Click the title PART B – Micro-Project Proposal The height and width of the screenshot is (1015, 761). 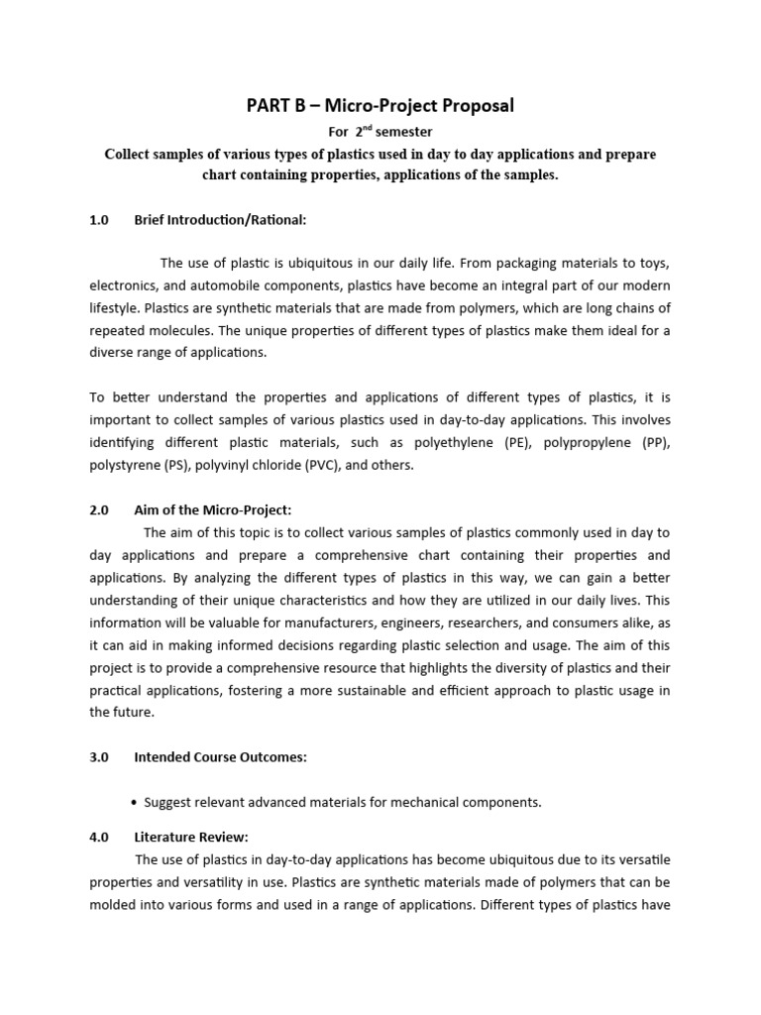click(380, 105)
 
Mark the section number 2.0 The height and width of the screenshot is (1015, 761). click(98, 509)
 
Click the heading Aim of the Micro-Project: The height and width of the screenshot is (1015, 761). click(213, 509)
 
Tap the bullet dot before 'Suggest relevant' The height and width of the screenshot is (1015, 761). click(134, 803)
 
